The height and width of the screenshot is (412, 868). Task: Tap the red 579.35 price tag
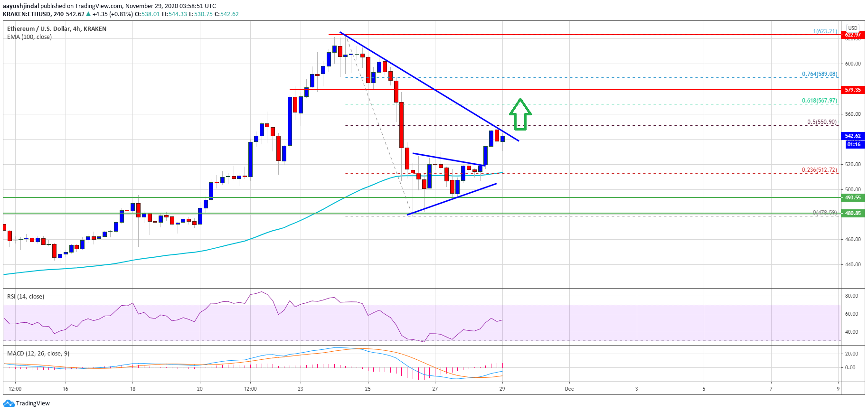pyautogui.click(x=852, y=90)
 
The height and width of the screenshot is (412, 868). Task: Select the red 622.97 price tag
pyautogui.click(x=852, y=35)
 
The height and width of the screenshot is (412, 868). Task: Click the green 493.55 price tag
pyautogui.click(x=852, y=197)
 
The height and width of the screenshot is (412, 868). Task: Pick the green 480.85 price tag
pyautogui.click(x=852, y=213)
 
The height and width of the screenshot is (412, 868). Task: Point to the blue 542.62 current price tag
pyautogui.click(x=853, y=136)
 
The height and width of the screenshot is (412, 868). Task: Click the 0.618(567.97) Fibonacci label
pyautogui.click(x=820, y=101)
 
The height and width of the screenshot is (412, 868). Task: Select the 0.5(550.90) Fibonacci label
pyautogui.click(x=822, y=122)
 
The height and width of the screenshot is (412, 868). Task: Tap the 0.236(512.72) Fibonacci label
pyautogui.click(x=820, y=170)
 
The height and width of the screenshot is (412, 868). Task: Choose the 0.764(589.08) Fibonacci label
pyautogui.click(x=820, y=74)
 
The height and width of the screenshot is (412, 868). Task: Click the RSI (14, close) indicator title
pyautogui.click(x=26, y=297)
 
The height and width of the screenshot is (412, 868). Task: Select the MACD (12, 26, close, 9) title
pyautogui.click(x=38, y=354)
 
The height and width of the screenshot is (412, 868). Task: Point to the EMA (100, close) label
pyautogui.click(x=29, y=37)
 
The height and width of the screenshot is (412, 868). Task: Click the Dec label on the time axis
pyautogui.click(x=569, y=389)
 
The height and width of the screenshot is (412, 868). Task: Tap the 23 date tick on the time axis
pyautogui.click(x=301, y=389)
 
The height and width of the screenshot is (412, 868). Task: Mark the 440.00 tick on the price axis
pyautogui.click(x=853, y=264)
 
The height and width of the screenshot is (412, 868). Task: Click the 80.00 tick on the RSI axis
pyautogui.click(x=851, y=296)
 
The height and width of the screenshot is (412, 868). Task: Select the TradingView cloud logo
pyautogui.click(x=9, y=403)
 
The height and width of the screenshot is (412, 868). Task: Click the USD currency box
pyautogui.click(x=853, y=28)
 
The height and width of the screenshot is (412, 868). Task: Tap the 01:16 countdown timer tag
pyautogui.click(x=853, y=144)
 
